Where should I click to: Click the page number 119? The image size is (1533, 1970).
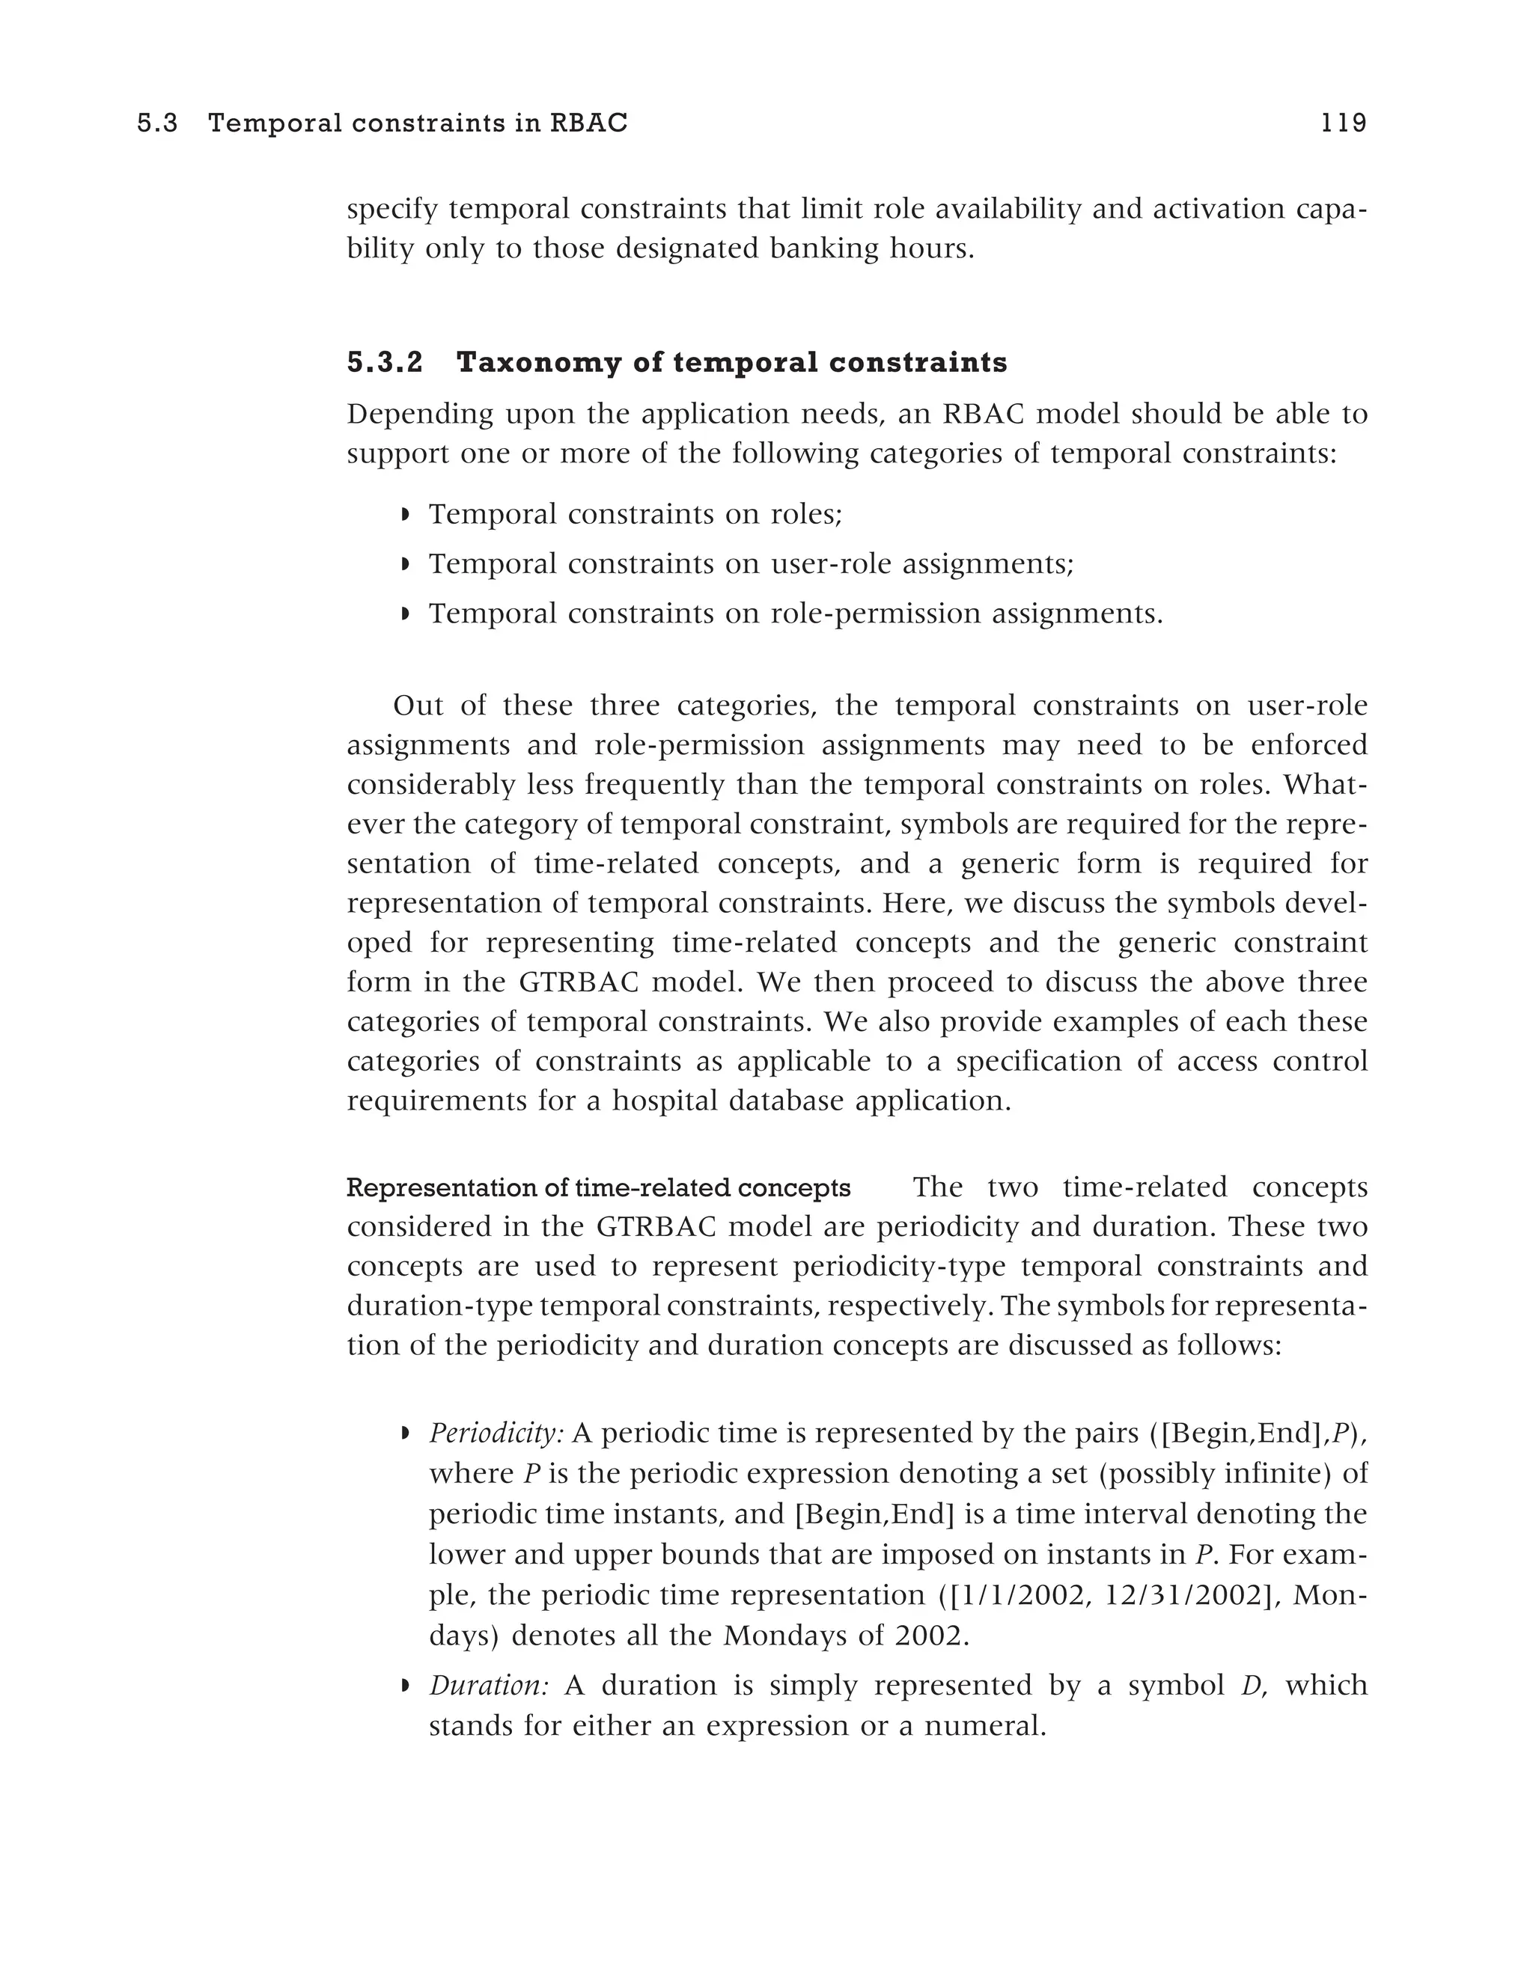tap(1344, 123)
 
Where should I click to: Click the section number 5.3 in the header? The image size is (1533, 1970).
tap(157, 123)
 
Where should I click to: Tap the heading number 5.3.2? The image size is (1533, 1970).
tap(385, 363)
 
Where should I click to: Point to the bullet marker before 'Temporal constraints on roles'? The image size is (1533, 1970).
tap(405, 515)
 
